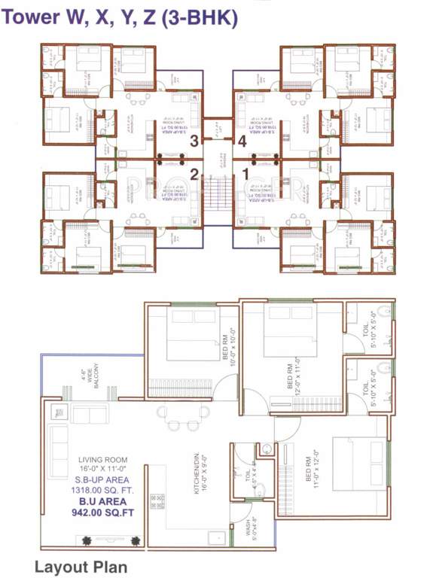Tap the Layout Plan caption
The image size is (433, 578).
(x=81, y=566)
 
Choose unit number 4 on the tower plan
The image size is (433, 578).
(x=242, y=140)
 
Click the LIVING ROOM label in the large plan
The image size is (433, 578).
(x=102, y=460)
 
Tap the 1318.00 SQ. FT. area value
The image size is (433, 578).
(x=103, y=488)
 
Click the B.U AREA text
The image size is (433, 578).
(x=103, y=500)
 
